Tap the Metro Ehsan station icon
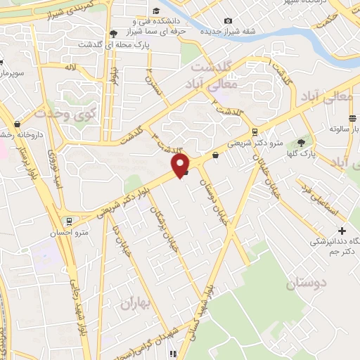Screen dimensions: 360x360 (67, 220)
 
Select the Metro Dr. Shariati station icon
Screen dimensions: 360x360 (255, 131)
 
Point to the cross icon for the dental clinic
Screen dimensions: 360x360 (342, 231)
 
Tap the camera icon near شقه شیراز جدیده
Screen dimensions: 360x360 (227, 22)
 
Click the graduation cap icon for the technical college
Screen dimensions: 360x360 (114, 33)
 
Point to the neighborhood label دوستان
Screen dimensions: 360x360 (307, 284)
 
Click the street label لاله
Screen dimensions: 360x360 (69, 67)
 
